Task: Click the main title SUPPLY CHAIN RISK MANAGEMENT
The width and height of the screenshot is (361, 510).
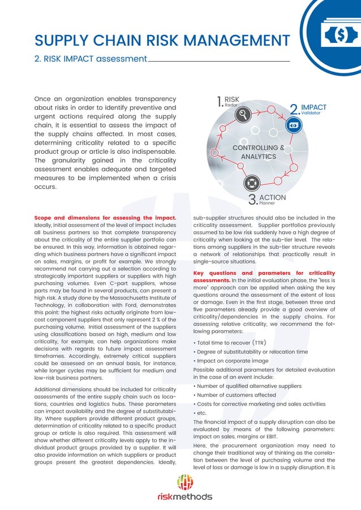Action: [x=162, y=41]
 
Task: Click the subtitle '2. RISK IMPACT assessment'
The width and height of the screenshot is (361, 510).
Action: [x=91, y=59]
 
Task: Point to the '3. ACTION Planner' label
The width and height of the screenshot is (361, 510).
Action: [x=267, y=198]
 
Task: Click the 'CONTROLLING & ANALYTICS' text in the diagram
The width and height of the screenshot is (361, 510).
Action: [x=258, y=152]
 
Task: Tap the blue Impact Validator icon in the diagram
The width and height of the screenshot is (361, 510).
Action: [x=294, y=126]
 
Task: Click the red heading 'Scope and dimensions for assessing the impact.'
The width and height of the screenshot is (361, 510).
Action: [x=106, y=218]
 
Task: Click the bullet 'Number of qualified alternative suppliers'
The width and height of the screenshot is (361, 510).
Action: [x=247, y=386]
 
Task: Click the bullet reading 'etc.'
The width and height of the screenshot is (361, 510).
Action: [x=200, y=413]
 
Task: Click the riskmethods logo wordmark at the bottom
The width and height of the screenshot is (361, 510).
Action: [x=185, y=497]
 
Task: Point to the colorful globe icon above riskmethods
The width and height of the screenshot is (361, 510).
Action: [x=185, y=482]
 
